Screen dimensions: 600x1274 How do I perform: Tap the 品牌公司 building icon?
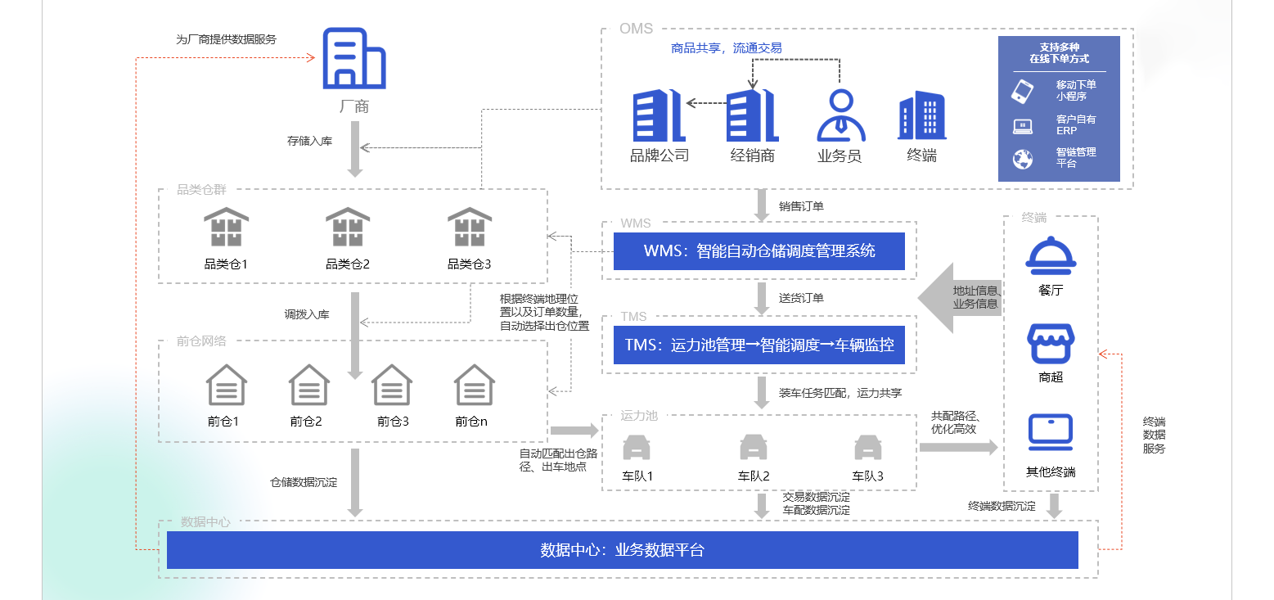(x=659, y=116)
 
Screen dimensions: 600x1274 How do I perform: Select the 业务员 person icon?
(x=840, y=115)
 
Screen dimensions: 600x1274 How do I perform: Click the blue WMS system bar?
(x=759, y=251)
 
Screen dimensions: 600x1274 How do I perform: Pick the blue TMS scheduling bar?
(x=759, y=345)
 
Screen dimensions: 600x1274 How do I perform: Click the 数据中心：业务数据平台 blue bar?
(x=622, y=550)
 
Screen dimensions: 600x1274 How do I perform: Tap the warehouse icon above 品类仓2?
(x=348, y=227)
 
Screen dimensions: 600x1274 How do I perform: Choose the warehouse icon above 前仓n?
(x=475, y=385)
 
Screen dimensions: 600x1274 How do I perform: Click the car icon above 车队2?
(x=754, y=447)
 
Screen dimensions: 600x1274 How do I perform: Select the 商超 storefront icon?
(x=1051, y=344)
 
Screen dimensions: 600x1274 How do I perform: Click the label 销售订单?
(x=801, y=206)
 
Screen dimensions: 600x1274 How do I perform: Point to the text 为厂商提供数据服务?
(x=227, y=39)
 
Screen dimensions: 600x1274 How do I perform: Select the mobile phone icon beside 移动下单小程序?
(x=1023, y=90)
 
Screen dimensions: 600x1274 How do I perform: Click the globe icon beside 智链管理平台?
(x=1023, y=159)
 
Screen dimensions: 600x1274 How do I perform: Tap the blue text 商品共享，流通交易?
(x=727, y=48)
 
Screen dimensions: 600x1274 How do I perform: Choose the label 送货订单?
(x=801, y=298)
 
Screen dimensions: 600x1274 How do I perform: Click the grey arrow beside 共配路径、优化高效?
(x=958, y=447)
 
